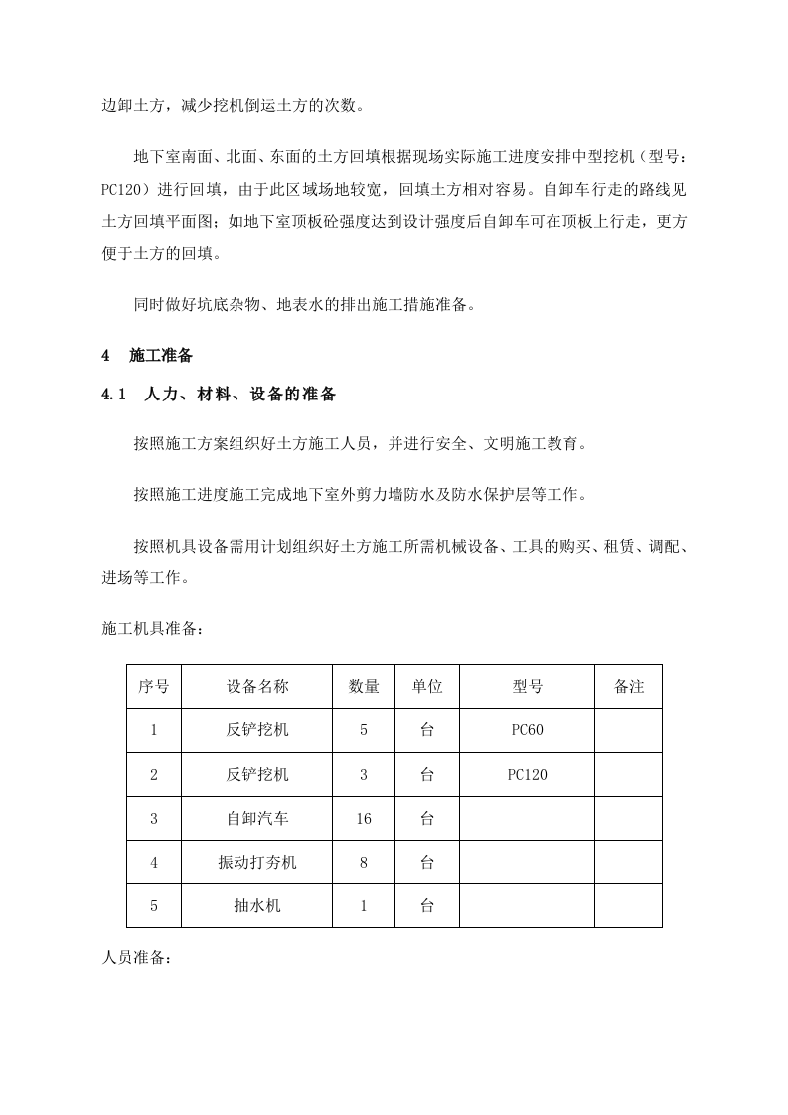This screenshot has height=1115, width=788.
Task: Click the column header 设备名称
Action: pyautogui.click(x=257, y=687)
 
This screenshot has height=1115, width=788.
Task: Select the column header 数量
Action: pyautogui.click(x=364, y=687)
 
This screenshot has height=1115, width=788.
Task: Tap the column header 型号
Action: pyautogui.click(x=527, y=687)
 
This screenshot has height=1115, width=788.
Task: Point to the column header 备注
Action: pyautogui.click(x=629, y=687)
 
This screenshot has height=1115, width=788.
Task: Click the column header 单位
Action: pyautogui.click(x=427, y=687)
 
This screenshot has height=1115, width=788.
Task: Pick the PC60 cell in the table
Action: pyautogui.click(x=527, y=730)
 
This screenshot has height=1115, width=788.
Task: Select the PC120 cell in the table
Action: pyautogui.click(x=527, y=775)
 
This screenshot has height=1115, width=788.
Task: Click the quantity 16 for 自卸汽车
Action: pyautogui.click(x=364, y=819)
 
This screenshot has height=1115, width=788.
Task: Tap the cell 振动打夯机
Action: pyautogui.click(x=257, y=863)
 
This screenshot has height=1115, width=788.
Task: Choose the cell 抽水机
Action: pyautogui.click(x=257, y=906)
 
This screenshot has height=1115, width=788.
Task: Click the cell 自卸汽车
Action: pyautogui.click(x=257, y=819)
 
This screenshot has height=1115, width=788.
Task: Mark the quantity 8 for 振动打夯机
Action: pyautogui.click(x=364, y=863)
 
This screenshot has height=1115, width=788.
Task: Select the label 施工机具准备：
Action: pyautogui.click(x=152, y=629)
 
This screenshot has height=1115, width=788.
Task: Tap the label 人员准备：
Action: pyautogui.click(x=137, y=960)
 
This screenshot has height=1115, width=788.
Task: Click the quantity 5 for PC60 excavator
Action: pyautogui.click(x=364, y=730)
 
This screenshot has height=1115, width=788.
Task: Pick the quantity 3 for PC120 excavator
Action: pyautogui.click(x=364, y=775)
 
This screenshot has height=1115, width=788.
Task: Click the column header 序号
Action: pyautogui.click(x=154, y=687)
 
